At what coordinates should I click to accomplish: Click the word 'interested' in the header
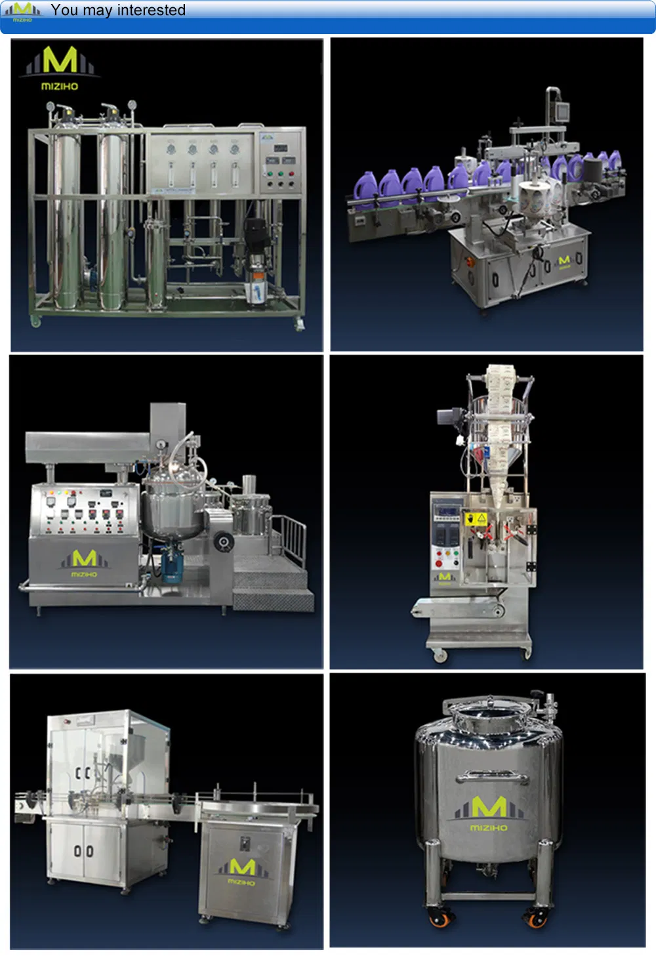[x=151, y=10]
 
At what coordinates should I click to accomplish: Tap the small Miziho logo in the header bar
[x=22, y=10]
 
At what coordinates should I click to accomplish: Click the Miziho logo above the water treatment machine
[x=60, y=68]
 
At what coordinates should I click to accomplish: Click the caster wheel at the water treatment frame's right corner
[x=300, y=324]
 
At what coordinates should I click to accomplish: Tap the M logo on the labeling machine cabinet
[x=564, y=262]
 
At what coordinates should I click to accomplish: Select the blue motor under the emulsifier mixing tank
[x=172, y=566]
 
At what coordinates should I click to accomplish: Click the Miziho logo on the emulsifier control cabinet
[x=83, y=562]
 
